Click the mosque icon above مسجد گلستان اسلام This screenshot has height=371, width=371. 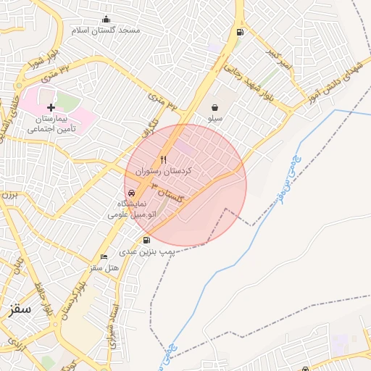(107, 19)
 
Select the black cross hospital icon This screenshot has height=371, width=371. (51, 107)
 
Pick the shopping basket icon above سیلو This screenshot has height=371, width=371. (215, 107)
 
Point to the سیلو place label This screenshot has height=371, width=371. (215, 117)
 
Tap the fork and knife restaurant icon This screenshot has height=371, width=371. (164, 159)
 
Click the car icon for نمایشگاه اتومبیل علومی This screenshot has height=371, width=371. (131, 193)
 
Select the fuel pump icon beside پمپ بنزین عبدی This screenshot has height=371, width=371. (147, 241)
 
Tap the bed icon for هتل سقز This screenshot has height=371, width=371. (104, 257)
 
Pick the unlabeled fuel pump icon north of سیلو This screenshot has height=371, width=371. (240, 32)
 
